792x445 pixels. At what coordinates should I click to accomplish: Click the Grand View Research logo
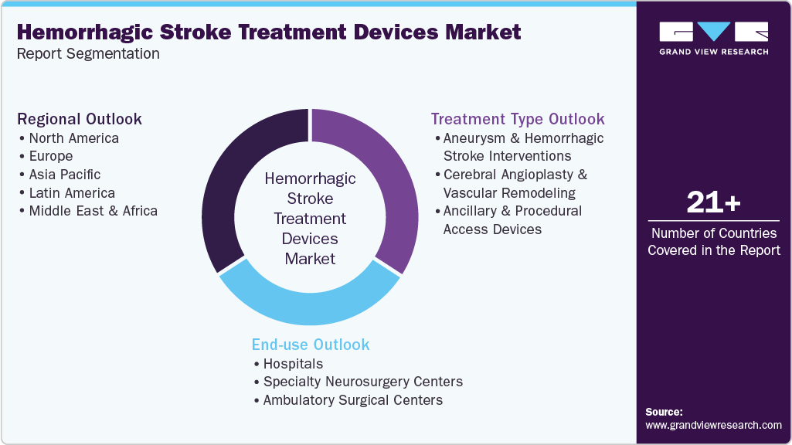[713, 38]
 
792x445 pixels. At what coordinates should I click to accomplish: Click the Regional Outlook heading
[80, 119]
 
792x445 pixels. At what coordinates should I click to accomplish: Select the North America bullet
[73, 138]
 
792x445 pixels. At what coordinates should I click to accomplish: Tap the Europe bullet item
[51, 156]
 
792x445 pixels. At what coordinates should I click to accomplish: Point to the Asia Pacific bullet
[65, 175]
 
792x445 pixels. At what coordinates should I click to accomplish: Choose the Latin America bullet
[72, 193]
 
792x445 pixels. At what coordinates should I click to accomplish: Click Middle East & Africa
[93, 211]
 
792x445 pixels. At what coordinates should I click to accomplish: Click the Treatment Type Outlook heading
[518, 119]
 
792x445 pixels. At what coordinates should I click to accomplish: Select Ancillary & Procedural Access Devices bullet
[512, 220]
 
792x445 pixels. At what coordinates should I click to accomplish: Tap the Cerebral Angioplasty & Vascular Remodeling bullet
[515, 184]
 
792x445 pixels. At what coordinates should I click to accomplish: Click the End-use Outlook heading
[311, 345]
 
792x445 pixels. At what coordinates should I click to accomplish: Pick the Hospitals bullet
[293, 363]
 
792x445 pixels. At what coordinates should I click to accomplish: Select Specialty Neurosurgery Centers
[362, 382]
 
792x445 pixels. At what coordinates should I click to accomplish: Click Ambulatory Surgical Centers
[352, 400]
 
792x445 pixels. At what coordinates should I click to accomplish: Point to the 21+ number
[713, 203]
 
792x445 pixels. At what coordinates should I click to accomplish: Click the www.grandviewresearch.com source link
[713, 425]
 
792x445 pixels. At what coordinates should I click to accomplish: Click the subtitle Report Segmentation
[88, 54]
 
